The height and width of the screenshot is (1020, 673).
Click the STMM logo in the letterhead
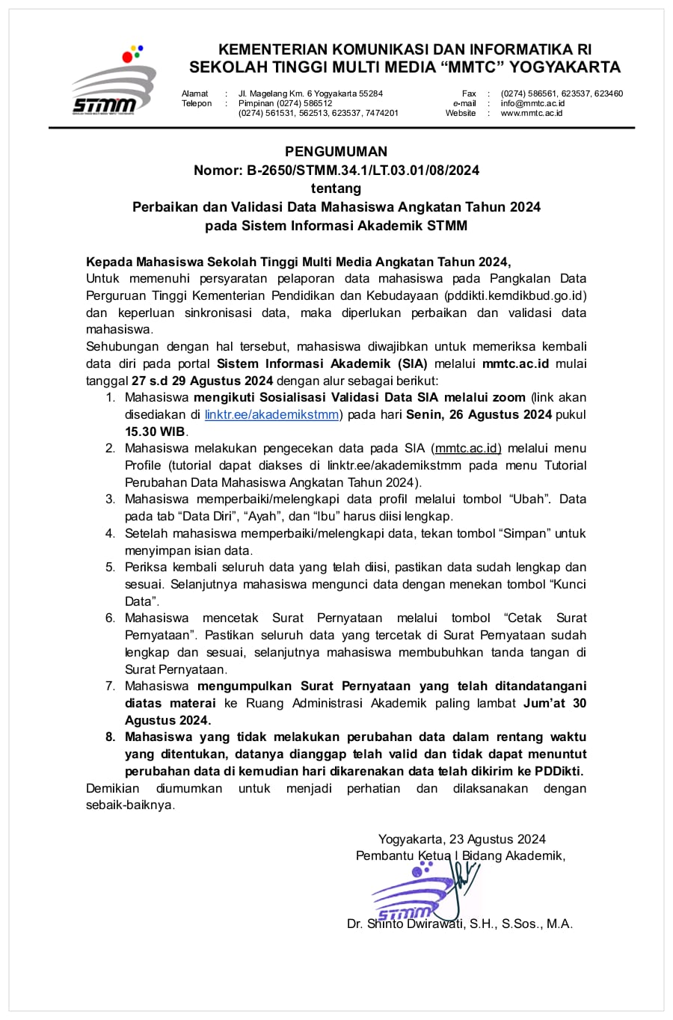point(113,83)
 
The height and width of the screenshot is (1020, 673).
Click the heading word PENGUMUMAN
point(336,152)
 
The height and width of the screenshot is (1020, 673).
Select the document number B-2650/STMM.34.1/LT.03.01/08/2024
point(363,170)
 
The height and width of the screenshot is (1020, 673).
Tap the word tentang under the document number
point(336,188)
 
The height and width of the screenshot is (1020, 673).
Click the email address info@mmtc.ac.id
point(532,103)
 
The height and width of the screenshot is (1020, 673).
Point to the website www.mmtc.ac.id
point(531,113)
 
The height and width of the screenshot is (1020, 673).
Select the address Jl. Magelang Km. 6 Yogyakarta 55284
point(310,93)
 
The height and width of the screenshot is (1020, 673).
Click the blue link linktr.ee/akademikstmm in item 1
point(271,414)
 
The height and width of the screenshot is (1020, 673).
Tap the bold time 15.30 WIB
point(156,431)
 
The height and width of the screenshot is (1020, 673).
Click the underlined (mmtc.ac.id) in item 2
point(466,449)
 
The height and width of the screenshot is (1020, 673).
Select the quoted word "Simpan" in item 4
point(519,534)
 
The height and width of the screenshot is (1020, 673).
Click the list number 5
point(110,568)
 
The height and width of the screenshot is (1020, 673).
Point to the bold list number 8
point(110,737)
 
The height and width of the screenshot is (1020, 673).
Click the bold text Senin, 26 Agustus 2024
point(479,414)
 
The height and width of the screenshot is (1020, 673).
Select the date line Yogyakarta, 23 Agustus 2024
point(461,839)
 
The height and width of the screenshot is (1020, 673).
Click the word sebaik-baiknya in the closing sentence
point(129,805)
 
